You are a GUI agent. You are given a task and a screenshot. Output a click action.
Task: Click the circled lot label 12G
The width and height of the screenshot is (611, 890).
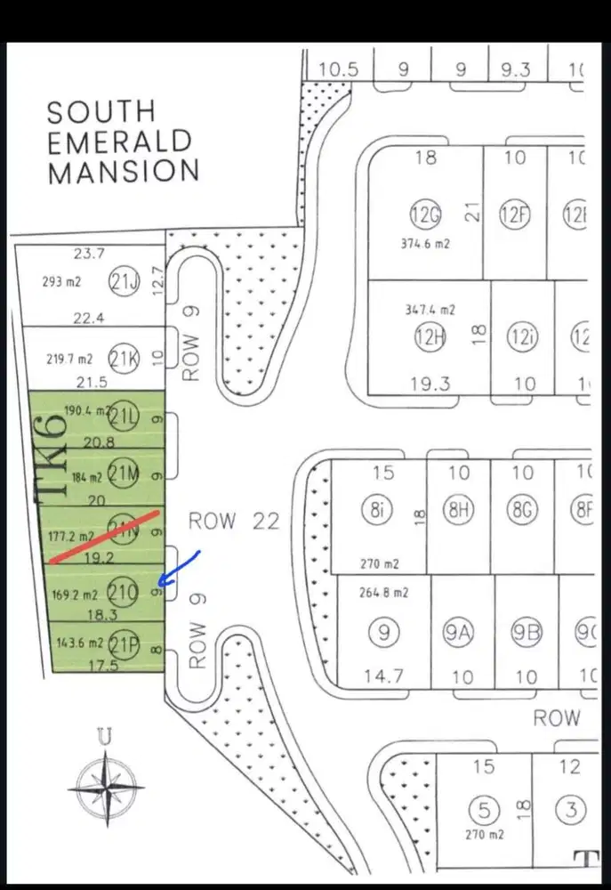425,216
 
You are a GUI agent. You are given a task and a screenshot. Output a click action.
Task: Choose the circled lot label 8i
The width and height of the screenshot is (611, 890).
377,510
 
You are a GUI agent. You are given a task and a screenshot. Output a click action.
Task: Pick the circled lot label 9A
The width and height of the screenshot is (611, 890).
462,635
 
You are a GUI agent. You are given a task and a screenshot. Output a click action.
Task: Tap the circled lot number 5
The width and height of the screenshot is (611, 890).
484,811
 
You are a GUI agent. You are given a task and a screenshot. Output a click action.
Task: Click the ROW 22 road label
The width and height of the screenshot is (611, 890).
234,521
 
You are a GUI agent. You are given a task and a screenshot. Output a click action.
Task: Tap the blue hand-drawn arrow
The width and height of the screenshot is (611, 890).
180,570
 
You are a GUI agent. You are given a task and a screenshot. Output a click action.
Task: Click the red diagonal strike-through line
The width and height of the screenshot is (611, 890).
105,537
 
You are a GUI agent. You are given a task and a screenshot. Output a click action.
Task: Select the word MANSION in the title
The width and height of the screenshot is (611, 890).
123,170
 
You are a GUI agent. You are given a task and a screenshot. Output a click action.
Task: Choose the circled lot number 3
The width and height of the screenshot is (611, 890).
570,811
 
